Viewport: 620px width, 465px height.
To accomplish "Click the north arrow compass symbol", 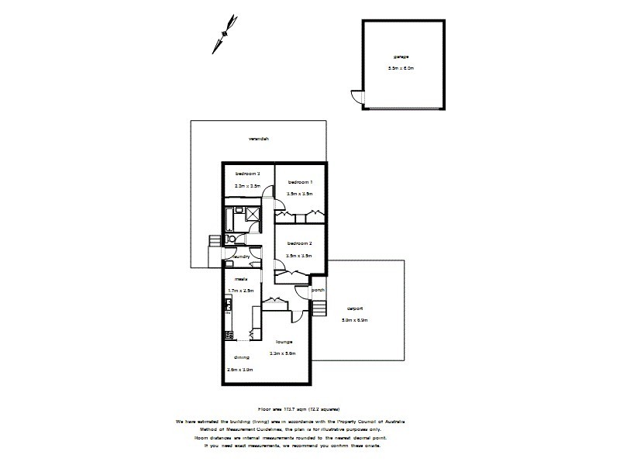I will click(225, 33).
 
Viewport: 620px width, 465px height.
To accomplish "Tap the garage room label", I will click(401, 57).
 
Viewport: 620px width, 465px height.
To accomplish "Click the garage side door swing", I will click(356, 98).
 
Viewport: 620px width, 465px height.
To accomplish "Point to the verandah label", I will click(258, 139).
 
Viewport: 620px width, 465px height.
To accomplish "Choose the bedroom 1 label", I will click(299, 182).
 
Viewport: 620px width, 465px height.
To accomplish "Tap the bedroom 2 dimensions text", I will click(299, 255).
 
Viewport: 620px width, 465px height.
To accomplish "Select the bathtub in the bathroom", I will click(233, 217).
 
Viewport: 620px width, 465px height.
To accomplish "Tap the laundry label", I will click(239, 257).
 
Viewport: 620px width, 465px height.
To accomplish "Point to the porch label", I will click(317, 291).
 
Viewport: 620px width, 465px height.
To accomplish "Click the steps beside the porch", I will click(318, 311).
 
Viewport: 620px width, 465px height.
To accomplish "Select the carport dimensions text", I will click(354, 319).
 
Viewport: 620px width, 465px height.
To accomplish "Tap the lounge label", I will click(284, 341).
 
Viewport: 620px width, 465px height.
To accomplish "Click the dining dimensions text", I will click(240, 370).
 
